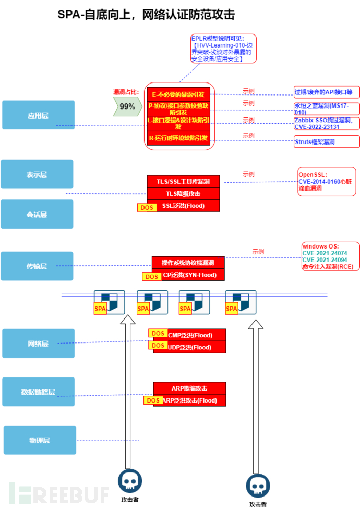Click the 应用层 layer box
coord(38,115)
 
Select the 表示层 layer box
coord(37,174)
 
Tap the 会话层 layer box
coord(37,214)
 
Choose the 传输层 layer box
coord(37,266)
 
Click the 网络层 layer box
coord(39,344)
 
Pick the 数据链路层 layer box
coord(39,392)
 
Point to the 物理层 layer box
coord(40,440)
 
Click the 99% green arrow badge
coord(125,107)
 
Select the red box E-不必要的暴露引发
coord(178,94)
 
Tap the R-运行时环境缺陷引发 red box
coord(178,138)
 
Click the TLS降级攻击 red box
coord(183,194)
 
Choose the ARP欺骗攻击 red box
coord(189,388)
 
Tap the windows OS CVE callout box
coord(330,256)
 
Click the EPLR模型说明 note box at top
coord(223,49)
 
